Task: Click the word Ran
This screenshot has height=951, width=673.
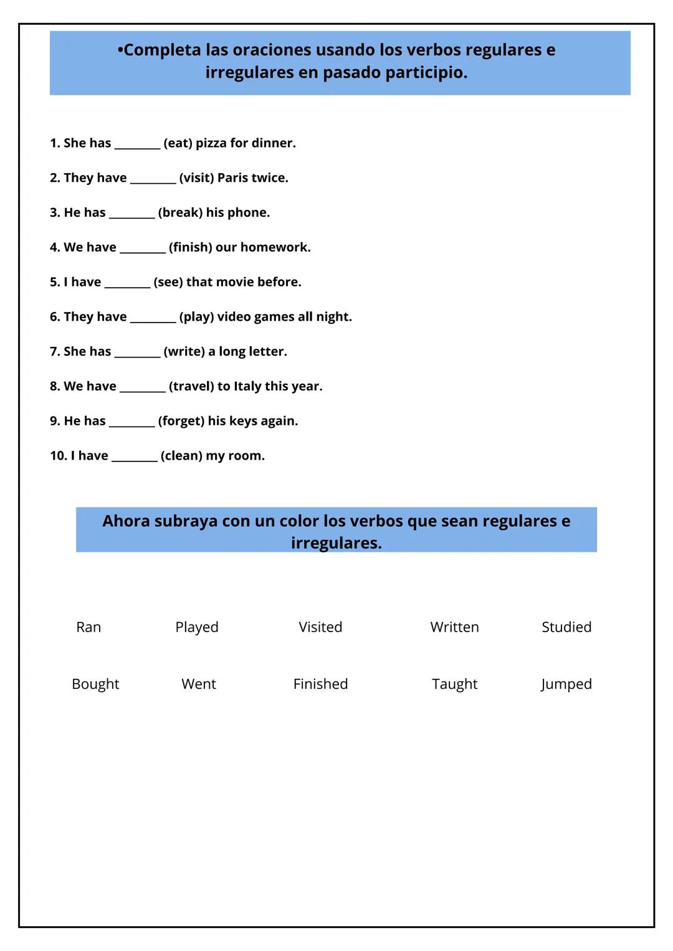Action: (88, 627)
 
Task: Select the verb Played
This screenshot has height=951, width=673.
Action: (197, 627)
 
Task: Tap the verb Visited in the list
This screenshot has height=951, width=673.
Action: (320, 627)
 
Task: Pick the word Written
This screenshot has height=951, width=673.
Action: (454, 627)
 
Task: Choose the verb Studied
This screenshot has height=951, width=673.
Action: (566, 627)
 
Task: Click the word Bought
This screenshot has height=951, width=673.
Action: (95, 684)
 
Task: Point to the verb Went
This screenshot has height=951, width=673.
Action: (199, 684)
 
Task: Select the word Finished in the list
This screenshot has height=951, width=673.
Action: (320, 684)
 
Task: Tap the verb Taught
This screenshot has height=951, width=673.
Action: (454, 684)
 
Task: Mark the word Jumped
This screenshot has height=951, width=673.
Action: (566, 684)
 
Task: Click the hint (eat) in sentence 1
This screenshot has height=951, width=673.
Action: (178, 143)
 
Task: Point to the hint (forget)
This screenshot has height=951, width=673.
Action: (181, 421)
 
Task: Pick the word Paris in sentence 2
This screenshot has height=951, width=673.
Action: (232, 178)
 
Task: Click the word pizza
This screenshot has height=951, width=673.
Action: (211, 143)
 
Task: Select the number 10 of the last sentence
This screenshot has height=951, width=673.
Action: (58, 456)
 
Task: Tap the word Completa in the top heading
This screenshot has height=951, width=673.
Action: (162, 50)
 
